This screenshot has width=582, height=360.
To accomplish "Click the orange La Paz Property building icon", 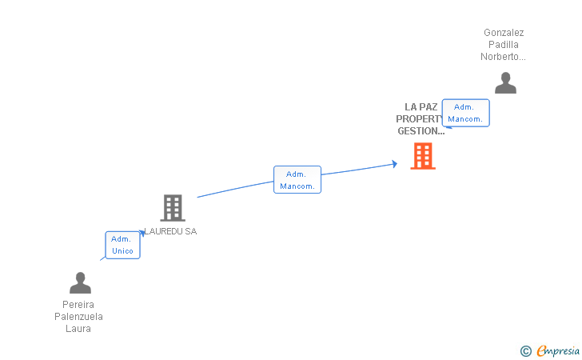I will pos(423,156).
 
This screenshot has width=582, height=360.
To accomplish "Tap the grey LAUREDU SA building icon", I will pos(172,208).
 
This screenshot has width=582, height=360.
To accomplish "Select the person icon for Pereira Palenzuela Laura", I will pos(80,283).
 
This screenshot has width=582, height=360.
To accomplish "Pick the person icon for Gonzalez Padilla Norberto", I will pos(504,83).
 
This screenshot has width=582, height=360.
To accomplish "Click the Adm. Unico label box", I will pos(122,245).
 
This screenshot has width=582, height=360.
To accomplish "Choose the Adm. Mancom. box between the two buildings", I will pos(297,180).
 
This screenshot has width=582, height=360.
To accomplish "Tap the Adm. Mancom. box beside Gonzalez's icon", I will pos(465,113).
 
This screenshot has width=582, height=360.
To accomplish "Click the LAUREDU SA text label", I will pos(170,231).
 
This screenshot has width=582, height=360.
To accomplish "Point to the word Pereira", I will pos(78,304).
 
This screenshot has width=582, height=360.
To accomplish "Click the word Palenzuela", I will pos(78,316).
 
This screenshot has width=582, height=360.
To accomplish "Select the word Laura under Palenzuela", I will pos(78,328).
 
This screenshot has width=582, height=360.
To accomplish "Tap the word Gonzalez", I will pos(504,33).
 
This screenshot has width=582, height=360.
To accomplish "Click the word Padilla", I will pos(504,45).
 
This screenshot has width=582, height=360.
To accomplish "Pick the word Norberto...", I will pos(503,57).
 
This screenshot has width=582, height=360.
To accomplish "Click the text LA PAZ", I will pos(421,106).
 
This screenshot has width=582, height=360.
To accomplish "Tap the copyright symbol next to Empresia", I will pos(525,350).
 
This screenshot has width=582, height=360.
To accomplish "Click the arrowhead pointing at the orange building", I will pos(394,164).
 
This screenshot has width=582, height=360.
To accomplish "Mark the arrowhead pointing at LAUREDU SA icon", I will pos(144,233).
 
